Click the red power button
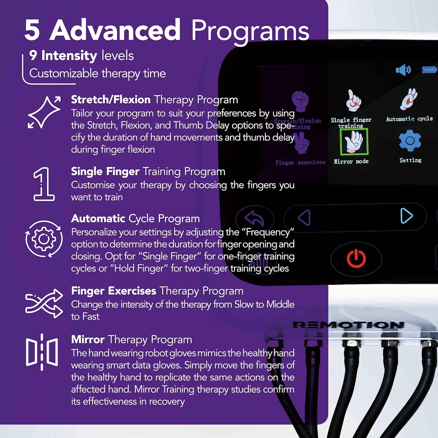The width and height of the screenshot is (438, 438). tap(356, 258)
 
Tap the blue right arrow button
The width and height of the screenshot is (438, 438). tap(406, 216)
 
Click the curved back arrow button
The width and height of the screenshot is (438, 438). tap(254, 218)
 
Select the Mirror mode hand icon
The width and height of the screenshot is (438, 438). tap(354, 142)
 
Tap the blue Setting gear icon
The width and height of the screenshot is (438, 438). tap(410, 141)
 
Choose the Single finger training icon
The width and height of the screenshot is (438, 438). tap(353, 101)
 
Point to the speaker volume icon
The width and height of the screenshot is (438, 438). tap(403, 70)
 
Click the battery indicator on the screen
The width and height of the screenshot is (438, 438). tap(429, 70)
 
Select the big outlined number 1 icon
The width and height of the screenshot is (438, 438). tap(44, 184)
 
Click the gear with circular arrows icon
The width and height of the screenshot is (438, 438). tap(44, 239)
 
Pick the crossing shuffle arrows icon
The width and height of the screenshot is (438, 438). tap(44, 303)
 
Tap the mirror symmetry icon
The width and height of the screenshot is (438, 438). tap(42, 352)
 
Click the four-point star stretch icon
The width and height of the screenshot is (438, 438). tap(44, 112)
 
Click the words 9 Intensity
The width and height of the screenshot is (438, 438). tap(63, 55)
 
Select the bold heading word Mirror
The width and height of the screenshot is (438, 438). tap(88, 340)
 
